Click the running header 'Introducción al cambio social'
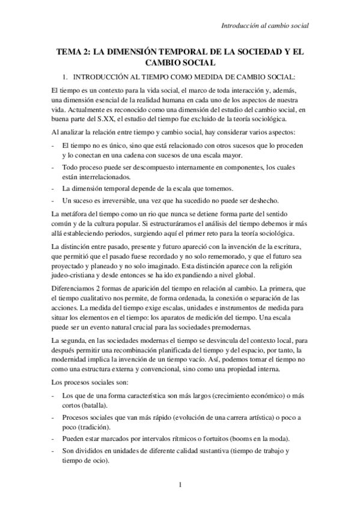coord(265,26)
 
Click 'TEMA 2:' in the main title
coord(73,53)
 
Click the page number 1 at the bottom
coord(179,485)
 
